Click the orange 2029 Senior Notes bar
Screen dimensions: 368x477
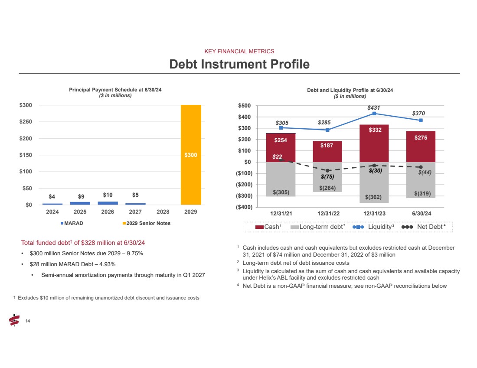191,155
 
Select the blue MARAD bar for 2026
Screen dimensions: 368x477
108,202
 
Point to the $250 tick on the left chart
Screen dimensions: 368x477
29,122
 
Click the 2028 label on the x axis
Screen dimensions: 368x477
163,212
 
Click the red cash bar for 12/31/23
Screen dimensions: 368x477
374,143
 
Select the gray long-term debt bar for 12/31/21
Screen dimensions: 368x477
281,179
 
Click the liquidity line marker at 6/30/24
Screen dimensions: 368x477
421,120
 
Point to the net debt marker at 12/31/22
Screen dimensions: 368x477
328,171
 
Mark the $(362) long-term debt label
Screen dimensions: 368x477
373,197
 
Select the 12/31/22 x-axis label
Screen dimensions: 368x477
327,214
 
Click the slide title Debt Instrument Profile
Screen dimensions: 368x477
239,64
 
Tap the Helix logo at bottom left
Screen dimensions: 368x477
14,320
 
